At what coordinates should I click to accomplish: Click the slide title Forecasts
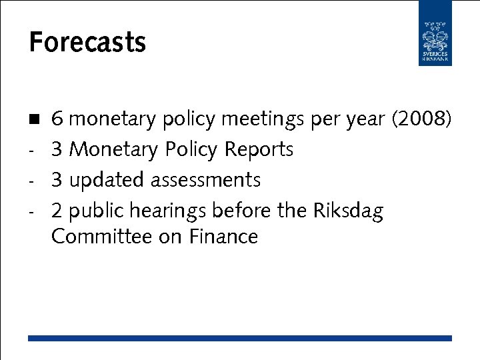coord(87,43)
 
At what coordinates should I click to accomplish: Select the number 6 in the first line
coord(57,119)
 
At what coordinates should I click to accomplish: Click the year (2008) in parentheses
coord(421,120)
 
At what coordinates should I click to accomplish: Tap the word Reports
coord(259,150)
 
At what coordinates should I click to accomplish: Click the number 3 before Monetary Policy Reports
coord(57,149)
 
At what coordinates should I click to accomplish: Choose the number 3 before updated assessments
coord(57,180)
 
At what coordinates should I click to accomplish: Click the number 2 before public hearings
coord(57,211)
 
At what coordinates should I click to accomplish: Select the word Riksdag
coord(347,211)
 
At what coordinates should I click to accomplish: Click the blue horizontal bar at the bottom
coord(240,338)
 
